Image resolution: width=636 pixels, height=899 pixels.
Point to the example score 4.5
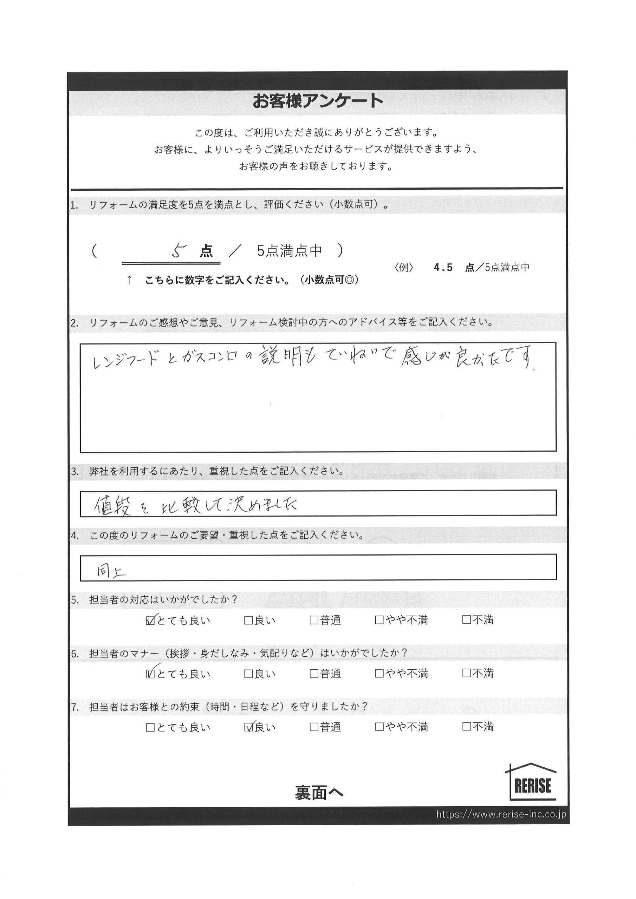(x=443, y=268)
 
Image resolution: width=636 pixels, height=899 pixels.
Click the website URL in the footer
(x=501, y=814)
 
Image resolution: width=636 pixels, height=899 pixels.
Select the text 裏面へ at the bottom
(x=319, y=793)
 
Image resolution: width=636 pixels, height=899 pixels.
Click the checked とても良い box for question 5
(x=150, y=621)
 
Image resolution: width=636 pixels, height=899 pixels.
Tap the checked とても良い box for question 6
(x=150, y=674)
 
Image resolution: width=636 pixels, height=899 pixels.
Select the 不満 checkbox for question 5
(x=466, y=620)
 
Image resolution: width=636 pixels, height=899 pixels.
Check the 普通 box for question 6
(x=313, y=674)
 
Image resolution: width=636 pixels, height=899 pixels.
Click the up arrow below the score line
(x=129, y=280)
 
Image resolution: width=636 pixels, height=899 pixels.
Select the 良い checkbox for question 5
(x=248, y=621)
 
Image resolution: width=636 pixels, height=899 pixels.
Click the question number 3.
(x=74, y=472)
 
